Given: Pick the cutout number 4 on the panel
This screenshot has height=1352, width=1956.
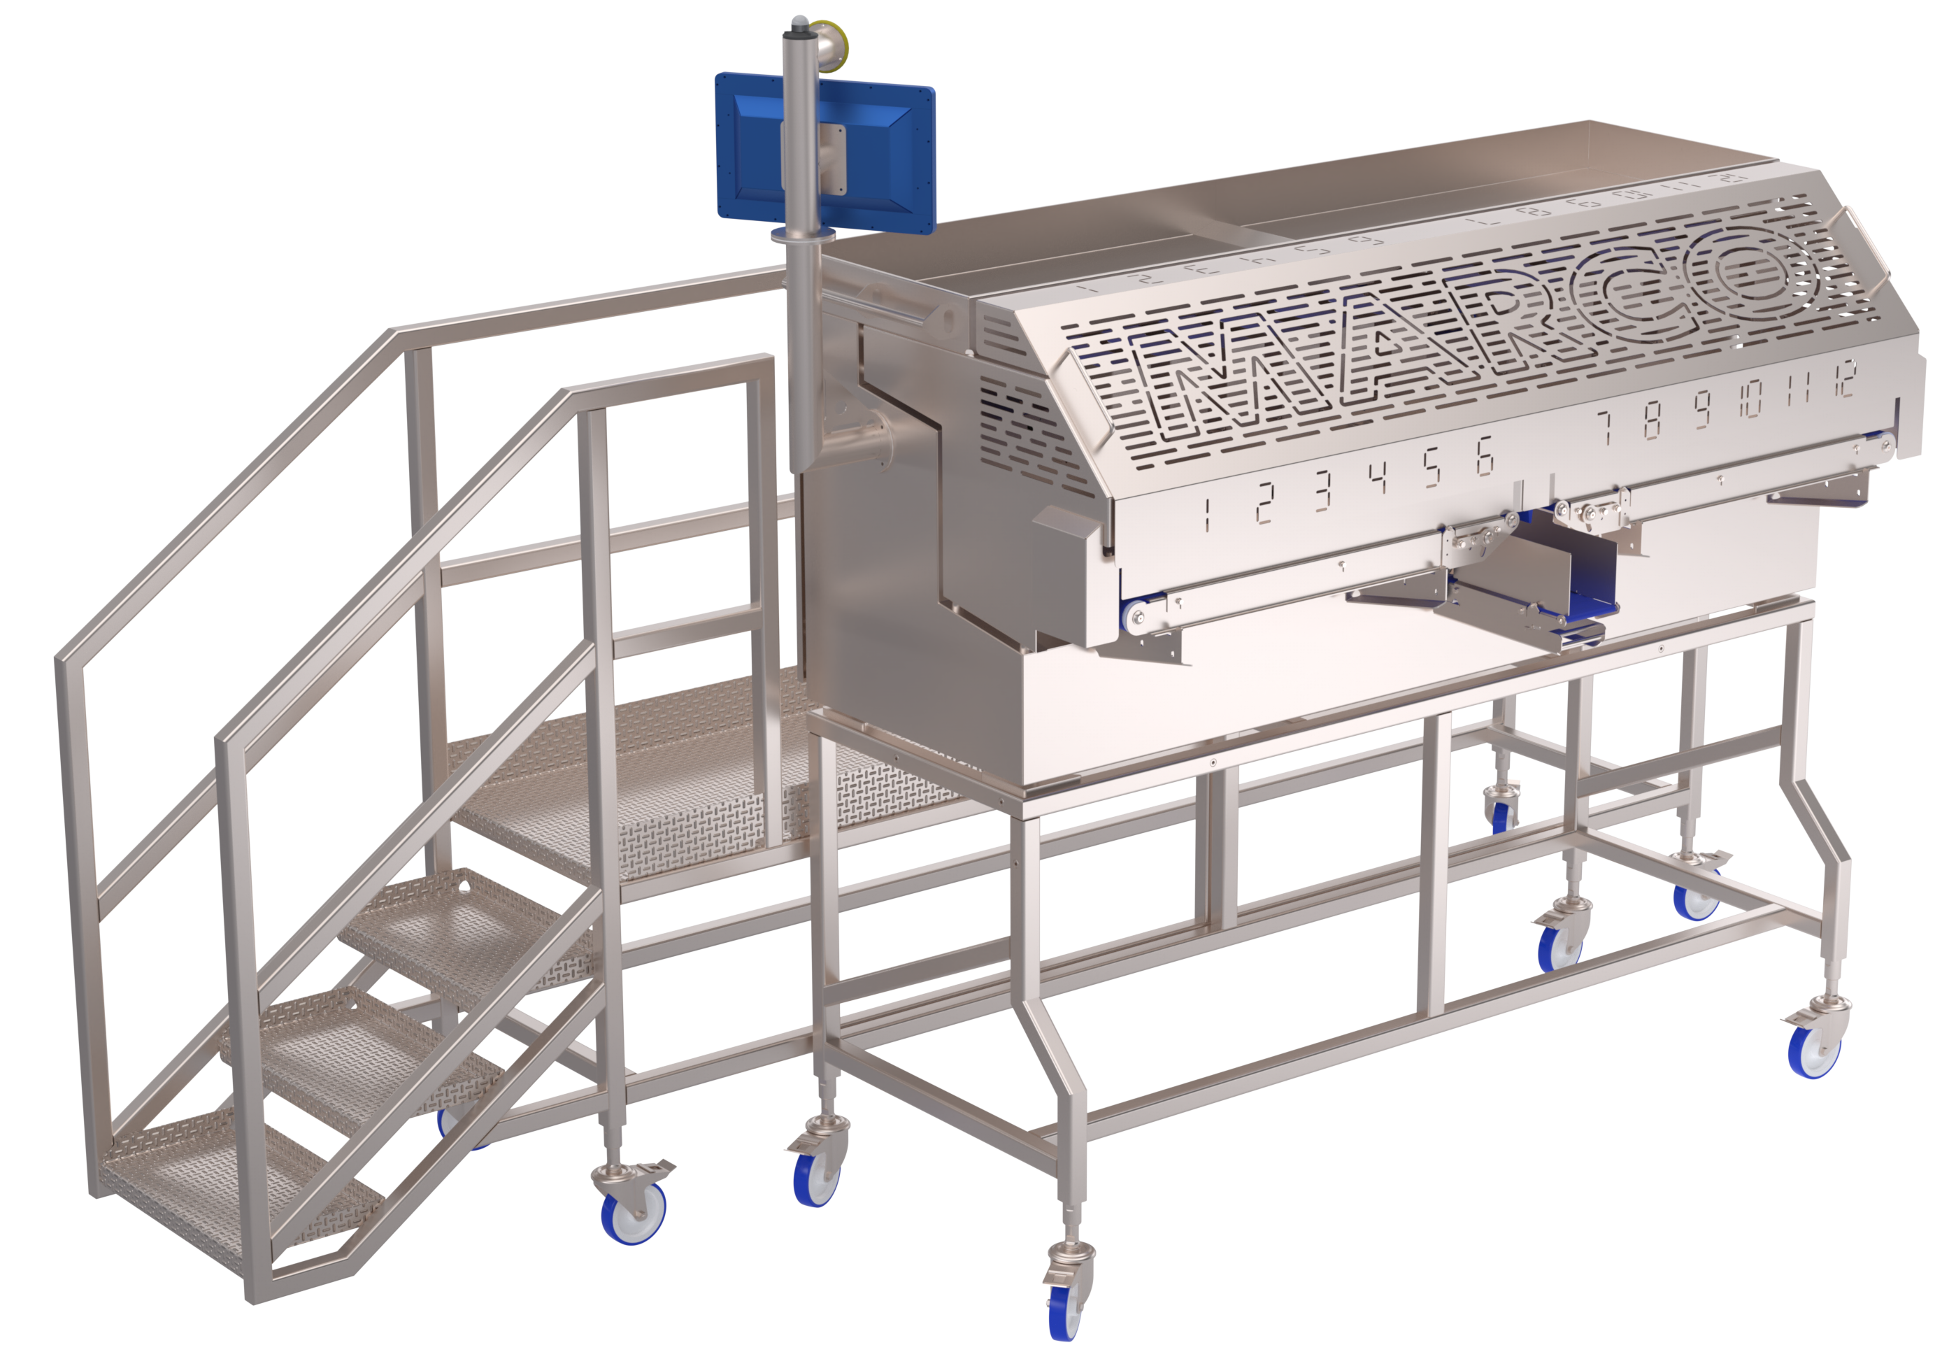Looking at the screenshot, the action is [1378, 478].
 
